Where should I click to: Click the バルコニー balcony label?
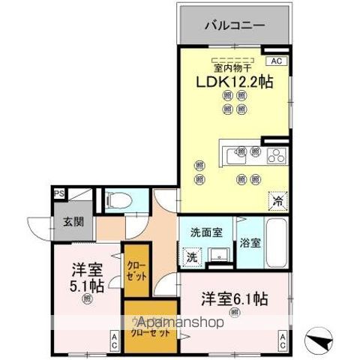pyautogui.click(x=233, y=25)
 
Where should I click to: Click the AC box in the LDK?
pyautogui.click(x=275, y=61)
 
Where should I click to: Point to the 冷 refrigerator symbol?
pyautogui.click(x=277, y=201)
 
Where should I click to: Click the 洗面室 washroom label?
pyautogui.click(x=205, y=232)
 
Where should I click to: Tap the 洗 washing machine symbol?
pyautogui.click(x=192, y=255)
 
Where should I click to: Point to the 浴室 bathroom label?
pyautogui.click(x=250, y=242)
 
